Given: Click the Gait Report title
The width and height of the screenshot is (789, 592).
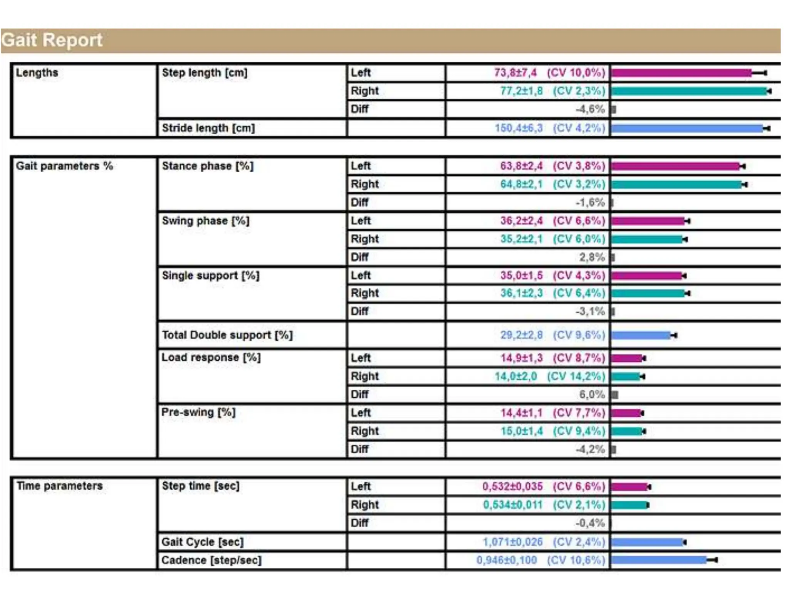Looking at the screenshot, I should (52, 40).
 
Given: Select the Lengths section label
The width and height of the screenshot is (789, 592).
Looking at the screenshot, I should (37, 72).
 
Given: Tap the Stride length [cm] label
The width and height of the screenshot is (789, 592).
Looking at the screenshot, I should (208, 128).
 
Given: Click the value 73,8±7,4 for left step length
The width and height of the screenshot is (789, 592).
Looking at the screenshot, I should (515, 72).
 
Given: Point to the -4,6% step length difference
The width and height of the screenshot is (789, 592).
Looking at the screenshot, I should (590, 109).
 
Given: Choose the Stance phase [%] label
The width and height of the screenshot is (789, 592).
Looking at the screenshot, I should (208, 166).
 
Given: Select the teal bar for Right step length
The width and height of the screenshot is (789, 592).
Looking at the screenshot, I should (689, 91).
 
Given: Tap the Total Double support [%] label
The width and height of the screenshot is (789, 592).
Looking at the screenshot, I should (227, 335).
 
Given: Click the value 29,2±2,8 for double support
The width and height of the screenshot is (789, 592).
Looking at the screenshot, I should (521, 335).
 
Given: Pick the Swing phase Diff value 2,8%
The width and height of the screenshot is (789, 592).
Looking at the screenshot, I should (592, 257).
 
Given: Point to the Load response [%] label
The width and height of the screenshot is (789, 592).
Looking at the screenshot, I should (211, 357).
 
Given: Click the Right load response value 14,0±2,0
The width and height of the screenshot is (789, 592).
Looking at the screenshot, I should (515, 376).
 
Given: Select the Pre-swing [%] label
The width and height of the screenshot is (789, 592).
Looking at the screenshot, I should (198, 412).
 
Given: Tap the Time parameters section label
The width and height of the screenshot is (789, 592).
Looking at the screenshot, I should (60, 486).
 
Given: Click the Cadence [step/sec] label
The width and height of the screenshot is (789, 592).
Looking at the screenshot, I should (212, 560).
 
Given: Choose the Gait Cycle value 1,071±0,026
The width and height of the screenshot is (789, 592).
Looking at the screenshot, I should (512, 542).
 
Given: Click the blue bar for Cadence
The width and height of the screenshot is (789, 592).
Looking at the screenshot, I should (659, 560).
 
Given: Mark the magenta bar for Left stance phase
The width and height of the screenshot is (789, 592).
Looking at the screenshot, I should (675, 166).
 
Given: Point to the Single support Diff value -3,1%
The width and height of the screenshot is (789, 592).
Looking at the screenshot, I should (590, 311).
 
